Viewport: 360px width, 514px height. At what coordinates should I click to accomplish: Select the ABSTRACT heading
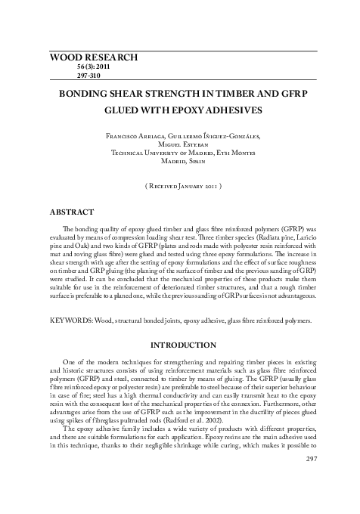click(x=71, y=212)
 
